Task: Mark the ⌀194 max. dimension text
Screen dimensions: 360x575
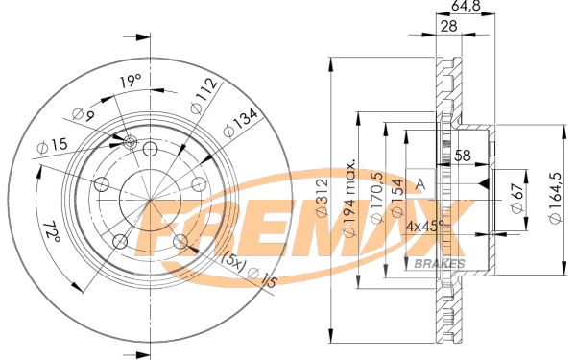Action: click(x=350, y=198)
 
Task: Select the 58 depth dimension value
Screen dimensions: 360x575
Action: click(x=463, y=155)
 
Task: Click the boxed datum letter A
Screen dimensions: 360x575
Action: click(x=419, y=182)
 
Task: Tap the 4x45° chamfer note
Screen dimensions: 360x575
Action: click(x=425, y=227)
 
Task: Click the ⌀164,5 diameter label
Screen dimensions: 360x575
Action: click(x=554, y=198)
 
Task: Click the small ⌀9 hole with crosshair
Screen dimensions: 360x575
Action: click(x=131, y=143)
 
